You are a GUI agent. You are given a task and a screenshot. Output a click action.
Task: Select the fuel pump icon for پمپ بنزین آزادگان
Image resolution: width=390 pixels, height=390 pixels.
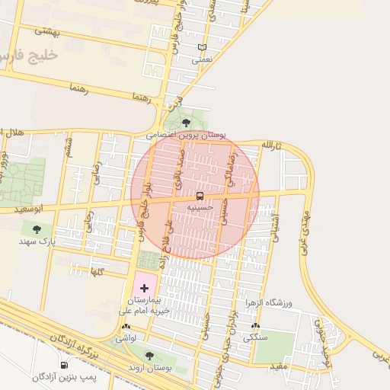64,366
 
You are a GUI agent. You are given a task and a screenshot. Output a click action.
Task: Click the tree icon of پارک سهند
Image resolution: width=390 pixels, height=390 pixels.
37,229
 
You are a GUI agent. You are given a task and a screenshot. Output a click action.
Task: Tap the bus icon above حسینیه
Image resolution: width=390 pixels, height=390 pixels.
200,196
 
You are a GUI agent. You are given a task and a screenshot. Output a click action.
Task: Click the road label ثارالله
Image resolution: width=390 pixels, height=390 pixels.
273,145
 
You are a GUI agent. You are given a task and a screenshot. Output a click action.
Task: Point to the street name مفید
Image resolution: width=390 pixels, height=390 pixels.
277,366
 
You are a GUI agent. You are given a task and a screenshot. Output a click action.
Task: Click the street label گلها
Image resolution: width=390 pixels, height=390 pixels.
97,271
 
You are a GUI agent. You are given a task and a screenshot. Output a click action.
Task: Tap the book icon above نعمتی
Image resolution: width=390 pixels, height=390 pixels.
202,48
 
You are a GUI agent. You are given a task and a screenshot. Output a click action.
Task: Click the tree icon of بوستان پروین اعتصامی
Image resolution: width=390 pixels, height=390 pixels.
187,122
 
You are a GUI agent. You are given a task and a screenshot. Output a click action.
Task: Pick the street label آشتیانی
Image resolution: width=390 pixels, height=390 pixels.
276,227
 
